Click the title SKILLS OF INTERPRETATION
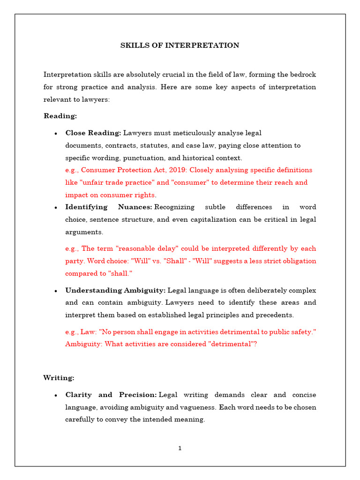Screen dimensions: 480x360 (x=180, y=45)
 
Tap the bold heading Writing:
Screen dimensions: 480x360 (x=59, y=377)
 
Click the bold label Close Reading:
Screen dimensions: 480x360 (x=93, y=133)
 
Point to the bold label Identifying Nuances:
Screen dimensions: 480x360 (x=109, y=207)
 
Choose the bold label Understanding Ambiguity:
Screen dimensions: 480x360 (x=115, y=291)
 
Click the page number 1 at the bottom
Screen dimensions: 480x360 (x=180, y=449)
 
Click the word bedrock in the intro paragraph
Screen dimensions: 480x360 (x=302, y=75)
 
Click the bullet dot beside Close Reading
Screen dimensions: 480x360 (x=56, y=134)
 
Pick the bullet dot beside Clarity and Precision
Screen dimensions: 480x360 (x=56, y=396)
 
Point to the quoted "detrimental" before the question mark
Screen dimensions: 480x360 (x=230, y=344)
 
